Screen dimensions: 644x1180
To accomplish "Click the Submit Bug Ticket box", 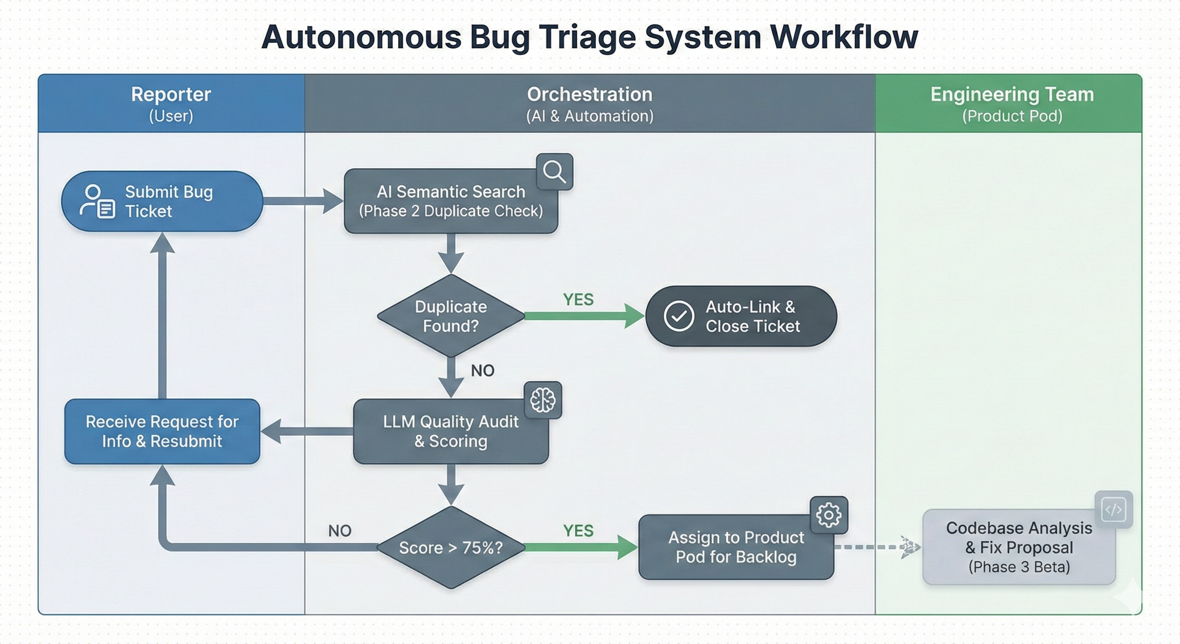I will click(x=162, y=201).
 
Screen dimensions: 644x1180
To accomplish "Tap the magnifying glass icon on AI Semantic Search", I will click(x=554, y=172).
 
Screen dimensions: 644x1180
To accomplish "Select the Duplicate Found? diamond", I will click(x=451, y=316).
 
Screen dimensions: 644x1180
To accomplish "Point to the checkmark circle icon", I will click(x=678, y=316).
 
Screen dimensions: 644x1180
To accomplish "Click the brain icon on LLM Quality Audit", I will click(x=543, y=400).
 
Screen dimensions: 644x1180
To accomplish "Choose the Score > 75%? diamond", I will click(x=451, y=547).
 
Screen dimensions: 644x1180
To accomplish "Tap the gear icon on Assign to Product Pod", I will click(x=829, y=515).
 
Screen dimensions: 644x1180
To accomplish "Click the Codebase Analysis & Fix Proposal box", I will click(x=1019, y=547).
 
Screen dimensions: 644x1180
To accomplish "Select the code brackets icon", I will click(x=1113, y=510).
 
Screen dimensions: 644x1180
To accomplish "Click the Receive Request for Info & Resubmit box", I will click(x=162, y=431).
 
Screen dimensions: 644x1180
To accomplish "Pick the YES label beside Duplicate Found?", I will click(x=578, y=300).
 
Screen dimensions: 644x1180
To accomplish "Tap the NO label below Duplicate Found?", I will click(x=482, y=370).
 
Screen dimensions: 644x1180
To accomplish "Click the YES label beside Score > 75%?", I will click(x=578, y=531).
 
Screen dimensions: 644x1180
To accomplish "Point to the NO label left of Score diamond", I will click(x=340, y=531).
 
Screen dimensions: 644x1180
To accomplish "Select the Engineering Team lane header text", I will click(x=1012, y=94).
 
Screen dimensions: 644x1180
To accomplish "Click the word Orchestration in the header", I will click(x=590, y=94).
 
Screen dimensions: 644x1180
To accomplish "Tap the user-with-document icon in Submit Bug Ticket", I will click(x=98, y=201).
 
